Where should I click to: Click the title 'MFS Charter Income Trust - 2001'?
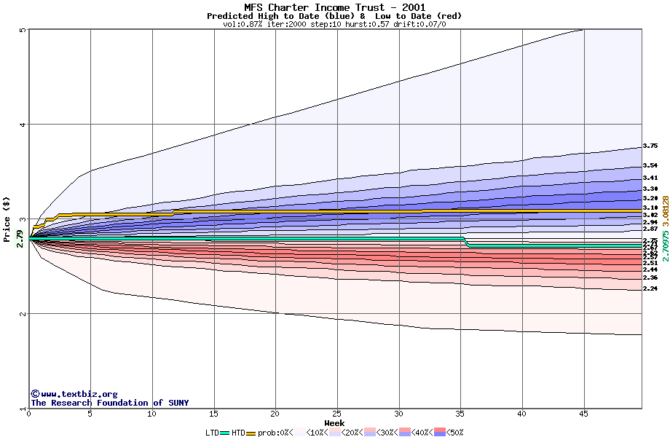pos(334,7)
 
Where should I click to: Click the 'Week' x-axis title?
pos(334,422)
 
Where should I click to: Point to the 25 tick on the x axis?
pos(337,414)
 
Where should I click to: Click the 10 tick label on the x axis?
pos(151,414)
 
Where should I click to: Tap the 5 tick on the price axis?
pos(22,30)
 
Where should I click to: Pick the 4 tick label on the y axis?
pos(22,125)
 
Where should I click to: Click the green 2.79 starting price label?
pos(20,238)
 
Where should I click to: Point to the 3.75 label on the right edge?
pos(650,146)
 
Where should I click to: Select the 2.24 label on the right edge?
pos(650,289)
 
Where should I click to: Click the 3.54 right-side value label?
pos(650,165)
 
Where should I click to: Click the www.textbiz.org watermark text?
pos(74,394)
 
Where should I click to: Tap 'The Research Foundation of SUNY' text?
pos(109,403)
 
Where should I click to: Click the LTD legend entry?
pos(218,433)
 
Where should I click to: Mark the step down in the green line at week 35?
pos(466,242)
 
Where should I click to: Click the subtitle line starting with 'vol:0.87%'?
pos(334,24)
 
